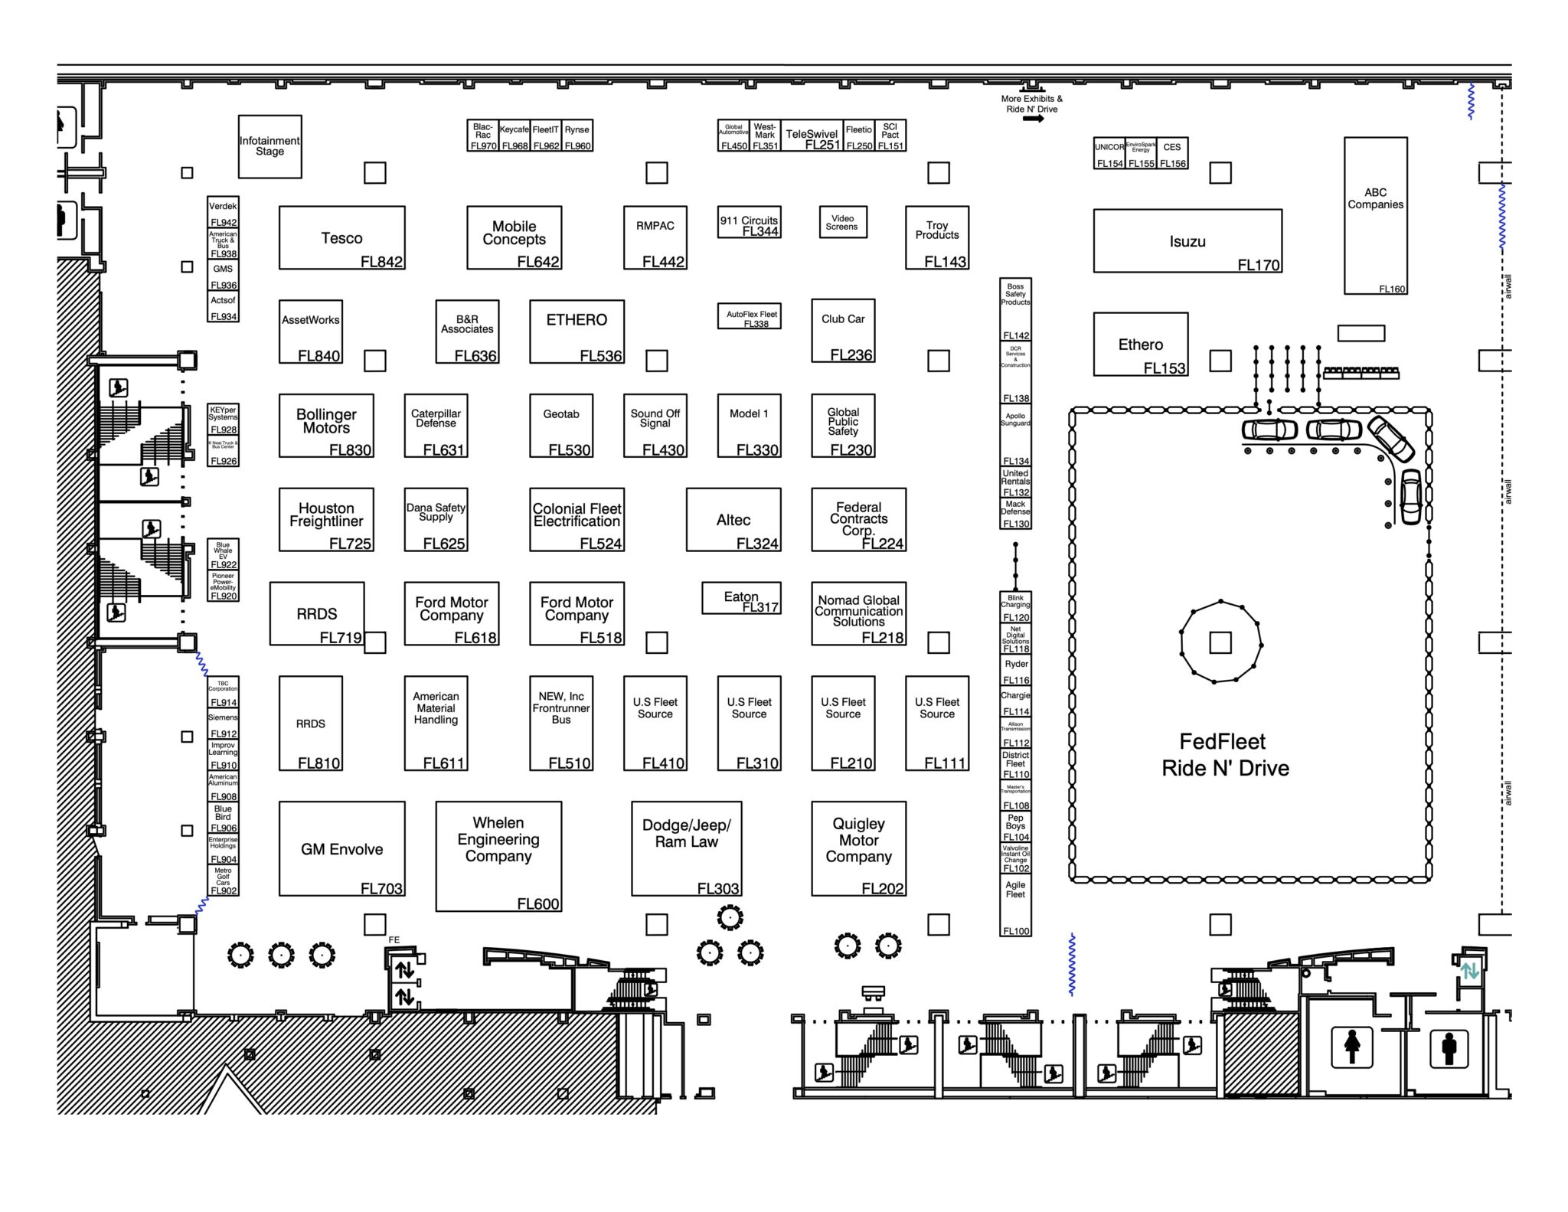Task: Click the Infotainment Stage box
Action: [269, 146]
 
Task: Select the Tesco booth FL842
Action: [341, 237]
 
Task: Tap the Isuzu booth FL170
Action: [1187, 241]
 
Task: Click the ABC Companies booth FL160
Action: [1375, 215]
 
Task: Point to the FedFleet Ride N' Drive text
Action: [1225, 755]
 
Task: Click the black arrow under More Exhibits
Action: [1033, 119]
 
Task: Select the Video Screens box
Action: [842, 222]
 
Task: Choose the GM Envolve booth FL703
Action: [341, 848]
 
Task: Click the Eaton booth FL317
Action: [741, 598]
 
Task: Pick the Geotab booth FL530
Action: [561, 426]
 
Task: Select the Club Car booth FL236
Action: [843, 331]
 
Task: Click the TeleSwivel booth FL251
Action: [812, 136]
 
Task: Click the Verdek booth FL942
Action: [223, 212]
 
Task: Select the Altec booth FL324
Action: [733, 520]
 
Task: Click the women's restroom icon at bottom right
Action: [1352, 1047]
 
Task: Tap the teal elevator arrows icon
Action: [1469, 972]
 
